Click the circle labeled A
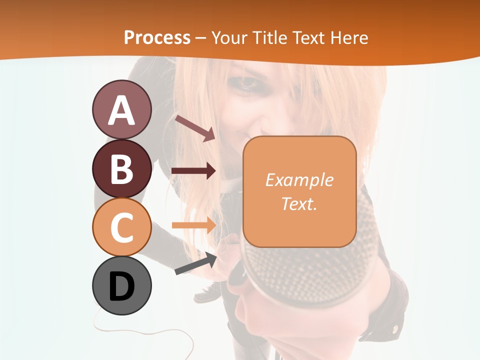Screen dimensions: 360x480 pyautogui.click(x=121, y=110)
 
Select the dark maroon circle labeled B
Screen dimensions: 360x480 pyautogui.click(x=121, y=168)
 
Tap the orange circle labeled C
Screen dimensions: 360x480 pyautogui.click(x=121, y=227)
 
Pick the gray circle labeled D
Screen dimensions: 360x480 pyautogui.click(x=121, y=285)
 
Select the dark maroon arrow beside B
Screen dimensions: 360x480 pyautogui.click(x=193, y=171)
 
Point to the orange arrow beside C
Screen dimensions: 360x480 pyautogui.click(x=193, y=224)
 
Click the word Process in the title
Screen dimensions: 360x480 pyautogui.click(x=157, y=37)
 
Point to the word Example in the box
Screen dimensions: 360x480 pyautogui.click(x=299, y=180)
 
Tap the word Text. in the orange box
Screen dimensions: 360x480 pyautogui.click(x=299, y=203)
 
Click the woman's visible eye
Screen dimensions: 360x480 pyautogui.click(x=246, y=84)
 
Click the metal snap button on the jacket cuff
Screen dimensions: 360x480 pyautogui.click(x=396, y=328)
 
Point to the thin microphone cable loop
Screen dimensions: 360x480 pyautogui.click(x=150, y=332)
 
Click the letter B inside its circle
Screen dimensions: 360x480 pyautogui.click(x=121, y=168)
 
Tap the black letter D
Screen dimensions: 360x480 pyautogui.click(x=121, y=286)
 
